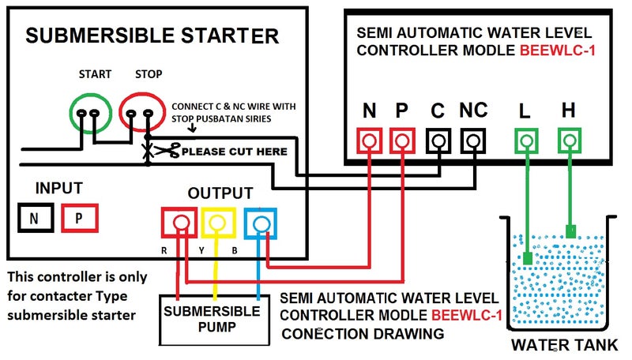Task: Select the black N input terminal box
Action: coord(34,219)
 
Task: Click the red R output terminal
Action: coord(181,223)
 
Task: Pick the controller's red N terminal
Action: coord(370,141)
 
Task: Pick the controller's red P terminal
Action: coord(402,141)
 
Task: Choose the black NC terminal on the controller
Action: coord(472,141)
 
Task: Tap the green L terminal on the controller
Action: coord(527,141)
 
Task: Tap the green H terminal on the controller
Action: coord(569,141)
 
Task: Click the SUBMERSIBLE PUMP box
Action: coord(212,318)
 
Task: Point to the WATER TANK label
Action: coord(562,345)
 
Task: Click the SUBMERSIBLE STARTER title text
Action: coord(152,36)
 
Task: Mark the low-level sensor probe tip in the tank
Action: coord(527,258)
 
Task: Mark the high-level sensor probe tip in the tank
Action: coord(570,231)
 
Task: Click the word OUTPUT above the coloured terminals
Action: coord(220,193)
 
